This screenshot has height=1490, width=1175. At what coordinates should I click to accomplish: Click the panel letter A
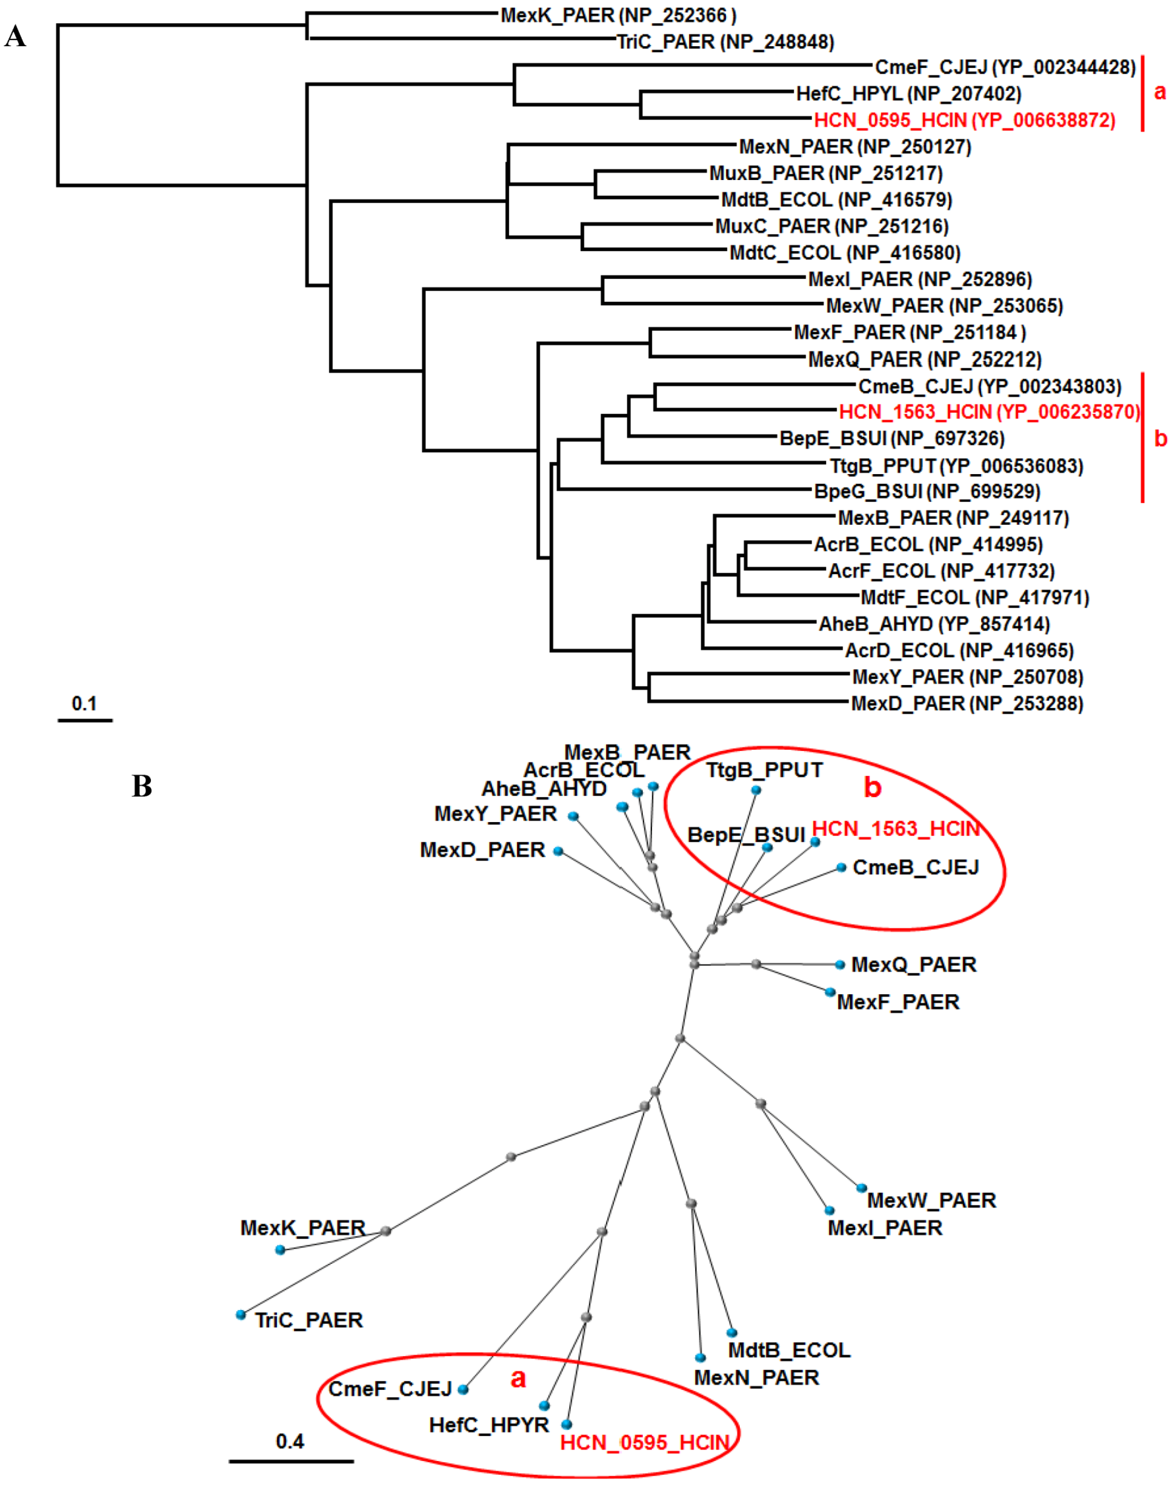[x=15, y=36]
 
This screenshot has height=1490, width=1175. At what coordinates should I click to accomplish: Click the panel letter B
[x=142, y=786]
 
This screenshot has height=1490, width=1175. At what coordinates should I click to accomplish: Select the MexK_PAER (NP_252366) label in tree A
[x=618, y=15]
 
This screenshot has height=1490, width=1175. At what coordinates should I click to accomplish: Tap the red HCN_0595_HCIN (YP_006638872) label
[x=965, y=121]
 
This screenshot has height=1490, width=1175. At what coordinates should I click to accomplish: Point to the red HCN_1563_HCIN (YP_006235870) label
[x=989, y=412]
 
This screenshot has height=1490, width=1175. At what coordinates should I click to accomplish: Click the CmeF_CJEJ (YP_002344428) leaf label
[x=1005, y=67]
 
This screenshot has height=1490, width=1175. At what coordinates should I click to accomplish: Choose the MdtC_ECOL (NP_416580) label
[x=845, y=253]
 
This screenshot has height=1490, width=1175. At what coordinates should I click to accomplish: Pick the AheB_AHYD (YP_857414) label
[x=934, y=624]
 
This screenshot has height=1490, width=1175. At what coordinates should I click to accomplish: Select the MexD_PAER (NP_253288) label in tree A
[x=967, y=703]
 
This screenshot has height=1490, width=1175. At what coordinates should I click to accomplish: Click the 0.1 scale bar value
[x=84, y=703]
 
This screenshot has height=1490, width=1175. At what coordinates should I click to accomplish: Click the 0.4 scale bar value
[x=289, y=1441]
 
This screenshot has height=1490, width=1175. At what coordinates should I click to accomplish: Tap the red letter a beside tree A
[x=1160, y=92]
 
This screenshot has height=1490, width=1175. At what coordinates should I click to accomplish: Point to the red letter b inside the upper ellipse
[x=872, y=787]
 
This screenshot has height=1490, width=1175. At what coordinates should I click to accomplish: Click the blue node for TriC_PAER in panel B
[x=241, y=1315]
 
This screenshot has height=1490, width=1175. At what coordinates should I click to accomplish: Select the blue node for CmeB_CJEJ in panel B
[x=841, y=868]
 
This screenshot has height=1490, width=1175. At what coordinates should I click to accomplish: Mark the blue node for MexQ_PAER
[x=839, y=965]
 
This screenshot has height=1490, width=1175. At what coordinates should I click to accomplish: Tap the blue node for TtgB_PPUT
[x=756, y=790]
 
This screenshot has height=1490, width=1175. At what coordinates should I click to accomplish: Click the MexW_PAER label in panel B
[x=932, y=1201]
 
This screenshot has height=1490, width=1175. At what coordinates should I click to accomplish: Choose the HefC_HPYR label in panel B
[x=489, y=1425]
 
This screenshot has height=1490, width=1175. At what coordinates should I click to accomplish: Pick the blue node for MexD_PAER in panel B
[x=558, y=851]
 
